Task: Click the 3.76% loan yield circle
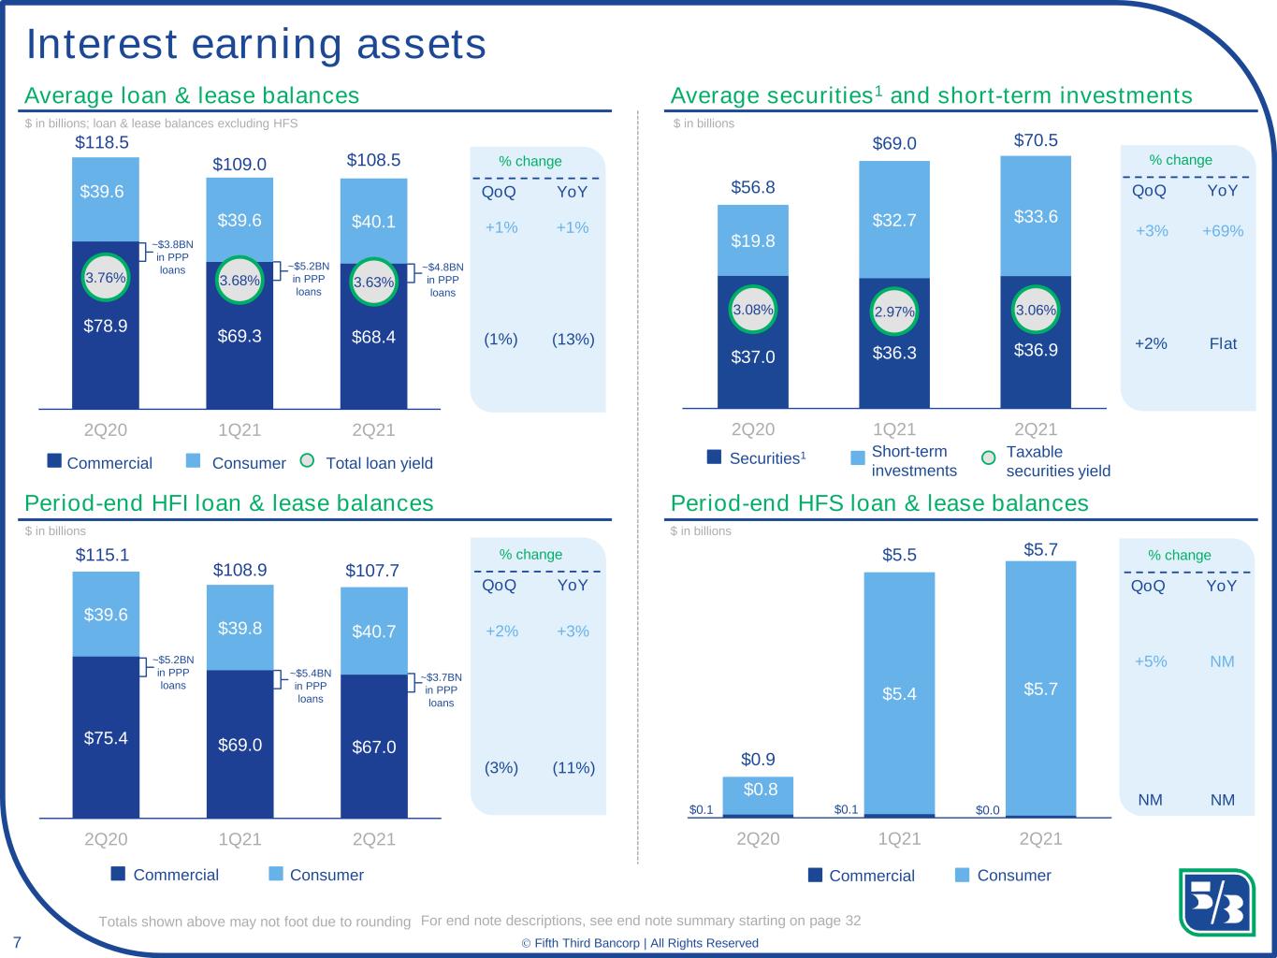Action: pyautogui.click(x=106, y=277)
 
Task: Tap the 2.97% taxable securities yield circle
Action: pyautogui.click(x=894, y=312)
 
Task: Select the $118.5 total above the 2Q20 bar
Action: pyautogui.click(x=102, y=142)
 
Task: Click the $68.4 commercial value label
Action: pyautogui.click(x=373, y=336)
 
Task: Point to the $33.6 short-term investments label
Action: pyautogui.click(x=1036, y=216)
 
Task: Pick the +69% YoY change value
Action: pyautogui.click(x=1223, y=230)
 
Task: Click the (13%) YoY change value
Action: pyautogui.click(x=573, y=339)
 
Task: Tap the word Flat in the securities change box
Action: pyautogui.click(x=1223, y=343)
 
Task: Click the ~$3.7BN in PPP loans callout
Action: pyautogui.click(x=441, y=689)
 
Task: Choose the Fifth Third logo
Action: pyautogui.click(x=1215, y=902)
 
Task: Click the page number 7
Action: pyautogui.click(x=17, y=940)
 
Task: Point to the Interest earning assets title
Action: pyautogui.click(x=255, y=44)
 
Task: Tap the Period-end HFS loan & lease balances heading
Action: pyautogui.click(x=879, y=503)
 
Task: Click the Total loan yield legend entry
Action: pyautogui.click(x=368, y=463)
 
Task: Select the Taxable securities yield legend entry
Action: pyautogui.click(x=1048, y=461)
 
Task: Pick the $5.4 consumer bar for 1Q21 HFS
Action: pyautogui.click(x=899, y=693)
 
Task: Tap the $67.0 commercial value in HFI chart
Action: pyautogui.click(x=374, y=747)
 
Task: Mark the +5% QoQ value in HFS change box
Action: pyautogui.click(x=1151, y=661)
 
